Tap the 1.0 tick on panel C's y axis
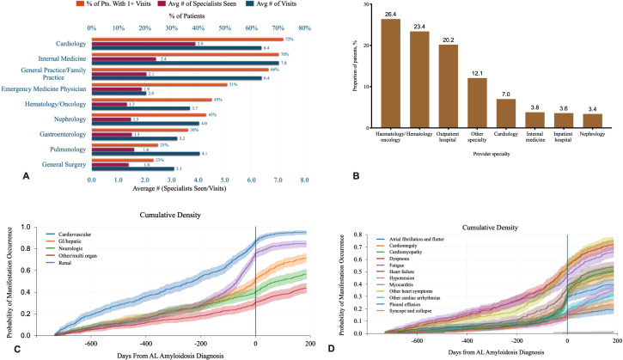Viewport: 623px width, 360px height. [x=40, y=228]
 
